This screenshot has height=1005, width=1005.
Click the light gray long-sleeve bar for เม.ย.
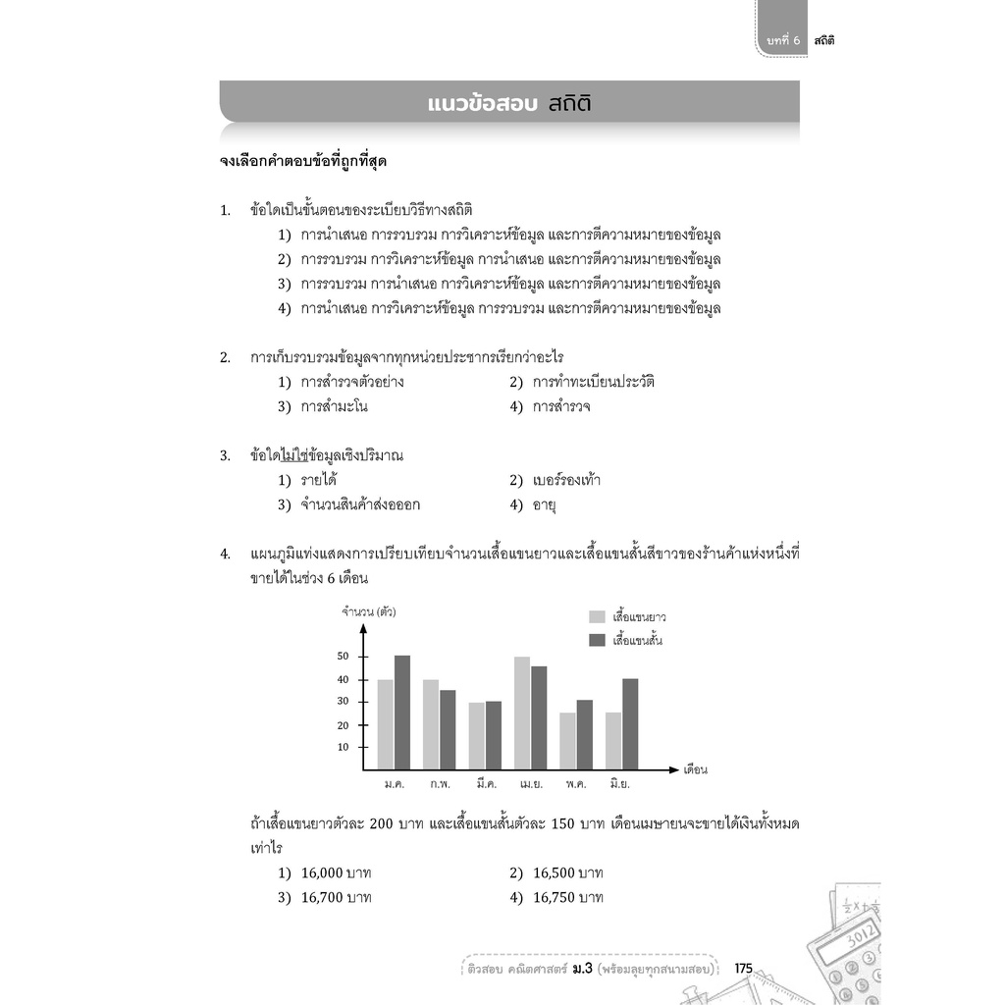click(x=522, y=714)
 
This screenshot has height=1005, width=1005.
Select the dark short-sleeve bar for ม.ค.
click(x=402, y=713)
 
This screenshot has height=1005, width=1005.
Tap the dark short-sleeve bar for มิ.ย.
click(x=630, y=724)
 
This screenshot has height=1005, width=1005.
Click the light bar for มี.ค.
click(x=476, y=736)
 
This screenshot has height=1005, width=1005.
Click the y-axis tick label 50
click(x=344, y=657)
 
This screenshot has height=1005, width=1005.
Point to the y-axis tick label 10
click(x=344, y=747)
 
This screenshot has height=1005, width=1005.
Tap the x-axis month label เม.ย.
click(x=533, y=785)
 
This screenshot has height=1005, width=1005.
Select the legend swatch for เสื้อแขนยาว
click(x=597, y=616)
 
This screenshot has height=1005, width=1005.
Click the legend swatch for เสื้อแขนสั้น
click(x=597, y=640)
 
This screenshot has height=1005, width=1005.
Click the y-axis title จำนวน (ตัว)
click(x=368, y=612)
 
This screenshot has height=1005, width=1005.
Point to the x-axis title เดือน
click(x=695, y=769)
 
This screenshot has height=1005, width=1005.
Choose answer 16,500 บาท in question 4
click(x=568, y=873)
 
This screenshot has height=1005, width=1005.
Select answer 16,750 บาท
click(x=568, y=897)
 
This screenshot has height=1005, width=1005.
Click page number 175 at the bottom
click(x=743, y=969)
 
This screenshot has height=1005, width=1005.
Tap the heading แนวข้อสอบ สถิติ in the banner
click(x=509, y=103)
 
